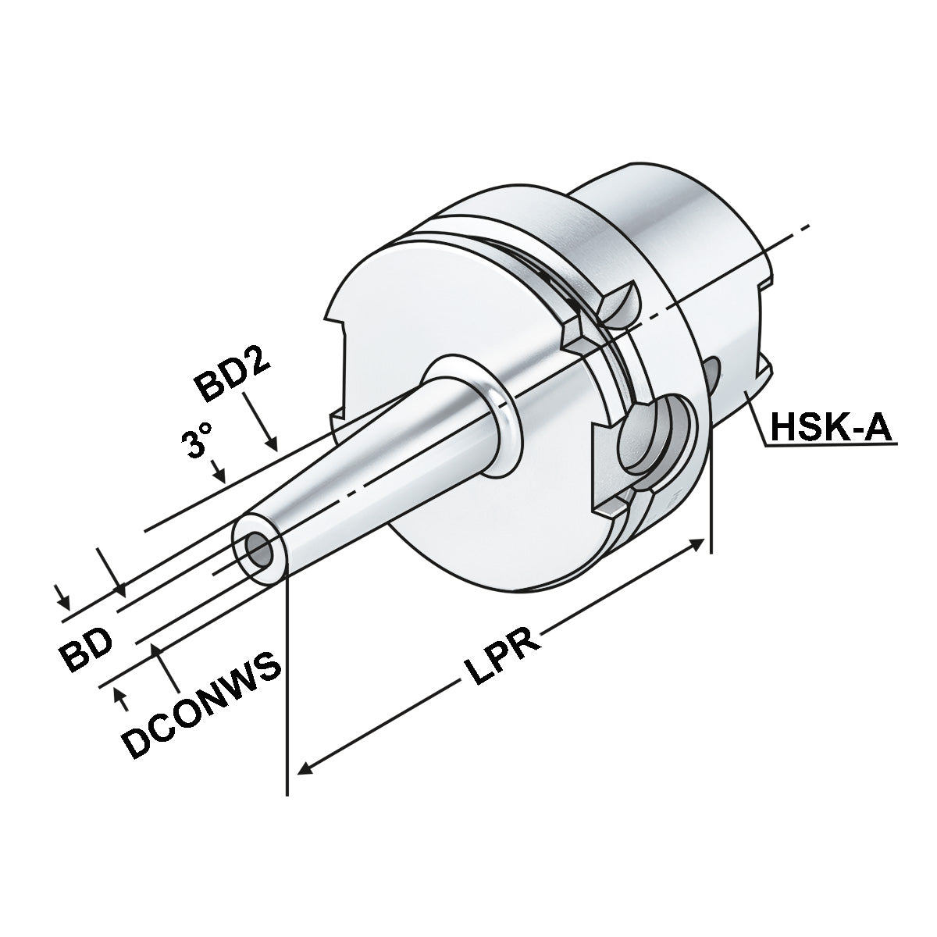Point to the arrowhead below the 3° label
click(x=220, y=476)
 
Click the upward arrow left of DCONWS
click(x=120, y=696)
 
